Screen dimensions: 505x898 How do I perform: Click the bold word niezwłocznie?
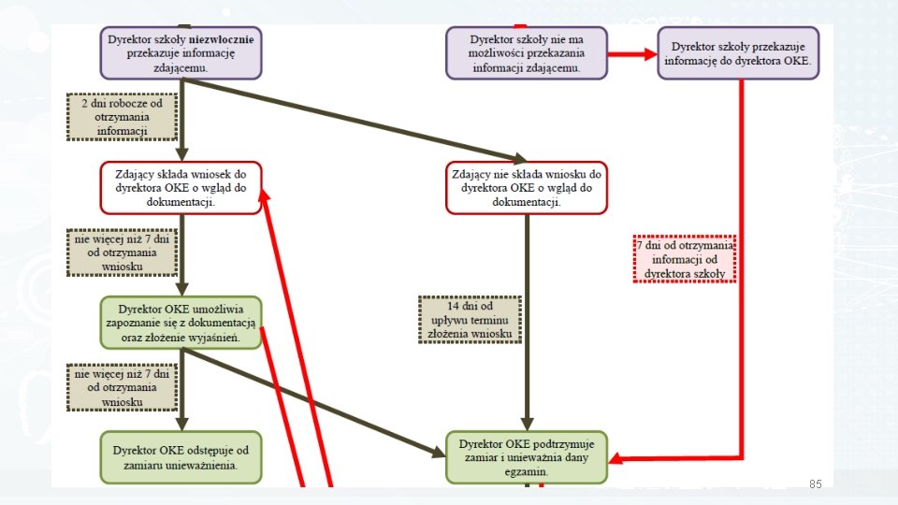pos(224,40)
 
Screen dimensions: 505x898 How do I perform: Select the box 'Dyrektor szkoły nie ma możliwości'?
pos(526,52)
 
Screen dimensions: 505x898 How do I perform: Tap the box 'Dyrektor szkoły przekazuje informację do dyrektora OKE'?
pos(737,52)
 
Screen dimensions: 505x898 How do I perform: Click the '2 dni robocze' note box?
pos(122,117)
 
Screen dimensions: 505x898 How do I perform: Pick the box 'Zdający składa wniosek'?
pos(181,187)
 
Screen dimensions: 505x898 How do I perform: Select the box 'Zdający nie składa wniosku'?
pos(527,187)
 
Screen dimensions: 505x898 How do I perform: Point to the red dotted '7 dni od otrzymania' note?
pos(685,259)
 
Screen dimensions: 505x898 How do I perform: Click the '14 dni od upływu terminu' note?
pos(470,320)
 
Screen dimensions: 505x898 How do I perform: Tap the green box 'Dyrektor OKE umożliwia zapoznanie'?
pos(181,323)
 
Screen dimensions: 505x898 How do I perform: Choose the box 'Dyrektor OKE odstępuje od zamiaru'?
pos(181,456)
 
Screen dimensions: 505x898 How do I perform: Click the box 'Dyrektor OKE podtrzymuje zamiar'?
pos(527,457)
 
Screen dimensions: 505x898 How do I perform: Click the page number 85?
pos(815,483)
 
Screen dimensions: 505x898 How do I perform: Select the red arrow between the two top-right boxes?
pos(631,54)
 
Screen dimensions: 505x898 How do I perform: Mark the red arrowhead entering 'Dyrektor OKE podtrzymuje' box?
pos(616,459)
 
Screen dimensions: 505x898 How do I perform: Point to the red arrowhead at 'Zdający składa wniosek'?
pos(264,192)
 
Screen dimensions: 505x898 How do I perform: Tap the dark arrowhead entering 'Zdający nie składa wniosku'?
pos(518,159)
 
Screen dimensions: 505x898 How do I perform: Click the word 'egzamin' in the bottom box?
pos(527,472)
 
